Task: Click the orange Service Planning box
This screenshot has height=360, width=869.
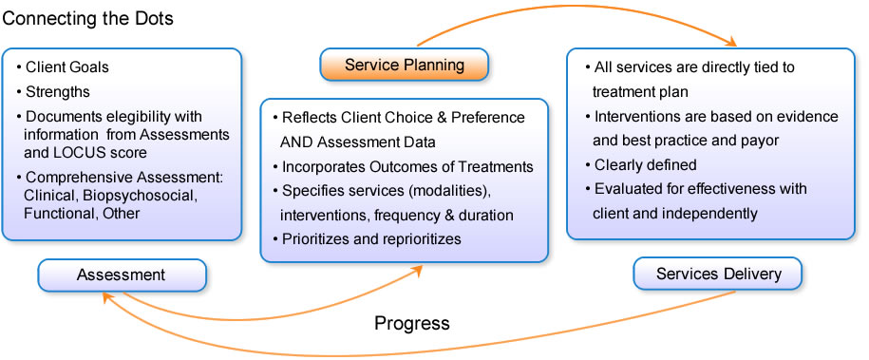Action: [x=404, y=65]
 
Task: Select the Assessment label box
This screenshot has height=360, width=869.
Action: [x=122, y=275]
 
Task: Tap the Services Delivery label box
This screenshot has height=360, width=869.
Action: [x=718, y=274]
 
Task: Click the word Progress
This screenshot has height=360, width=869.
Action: [x=412, y=323]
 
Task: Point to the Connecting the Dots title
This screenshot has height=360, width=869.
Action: [x=88, y=18]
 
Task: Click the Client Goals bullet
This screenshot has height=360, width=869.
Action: [x=63, y=67]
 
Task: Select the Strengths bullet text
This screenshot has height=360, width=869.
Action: [x=53, y=91]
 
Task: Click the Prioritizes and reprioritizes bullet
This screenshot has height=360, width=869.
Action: [x=367, y=238]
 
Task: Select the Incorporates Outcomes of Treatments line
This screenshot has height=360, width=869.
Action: [x=403, y=166]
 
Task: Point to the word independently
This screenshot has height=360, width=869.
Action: [x=711, y=214]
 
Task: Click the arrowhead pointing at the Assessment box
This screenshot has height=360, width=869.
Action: [x=107, y=298]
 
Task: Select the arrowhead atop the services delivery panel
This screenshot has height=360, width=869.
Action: [x=730, y=41]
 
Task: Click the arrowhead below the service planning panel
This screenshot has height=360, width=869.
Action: [x=416, y=270]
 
